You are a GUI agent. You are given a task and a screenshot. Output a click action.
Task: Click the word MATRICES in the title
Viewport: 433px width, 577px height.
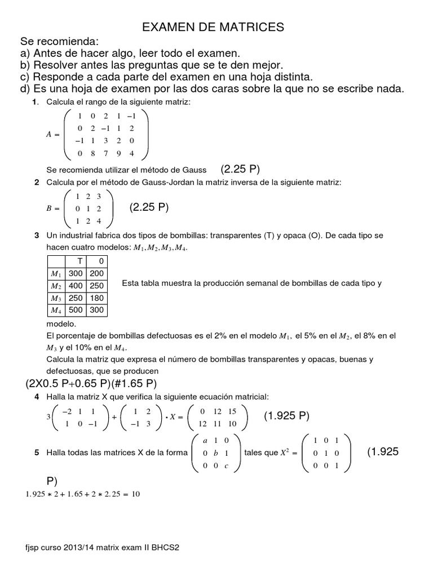coord(252,27)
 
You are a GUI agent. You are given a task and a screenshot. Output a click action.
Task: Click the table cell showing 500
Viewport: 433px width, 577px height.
coord(75,310)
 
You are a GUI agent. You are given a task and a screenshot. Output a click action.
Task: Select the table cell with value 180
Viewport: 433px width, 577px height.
coord(96,298)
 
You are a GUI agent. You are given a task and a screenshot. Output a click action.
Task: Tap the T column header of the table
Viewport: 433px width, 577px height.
coord(79,261)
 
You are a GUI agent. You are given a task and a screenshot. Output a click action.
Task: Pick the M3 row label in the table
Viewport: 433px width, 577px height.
coord(55,298)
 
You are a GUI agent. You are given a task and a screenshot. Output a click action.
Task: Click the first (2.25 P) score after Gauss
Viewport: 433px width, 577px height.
coord(240,170)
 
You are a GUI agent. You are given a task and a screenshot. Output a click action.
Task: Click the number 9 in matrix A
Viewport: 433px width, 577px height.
coord(118,153)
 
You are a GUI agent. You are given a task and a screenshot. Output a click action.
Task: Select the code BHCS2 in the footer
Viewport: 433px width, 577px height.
coord(169,547)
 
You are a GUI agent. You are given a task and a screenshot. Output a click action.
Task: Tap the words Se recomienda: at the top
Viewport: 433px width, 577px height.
coord(60,42)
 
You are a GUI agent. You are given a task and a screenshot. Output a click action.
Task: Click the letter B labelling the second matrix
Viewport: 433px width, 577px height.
coord(48,208)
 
